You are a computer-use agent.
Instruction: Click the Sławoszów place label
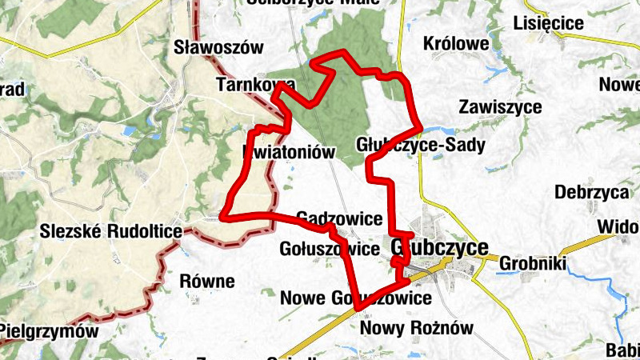click(x=218, y=47)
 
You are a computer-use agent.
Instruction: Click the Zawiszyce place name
click(x=501, y=106)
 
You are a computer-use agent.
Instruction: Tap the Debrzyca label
click(x=590, y=193)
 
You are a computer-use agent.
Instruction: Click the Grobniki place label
click(x=532, y=263)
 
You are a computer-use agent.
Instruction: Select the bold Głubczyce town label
click(x=441, y=248)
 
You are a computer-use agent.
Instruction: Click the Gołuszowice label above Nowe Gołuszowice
click(x=329, y=249)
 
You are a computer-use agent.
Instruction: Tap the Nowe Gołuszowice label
click(x=356, y=298)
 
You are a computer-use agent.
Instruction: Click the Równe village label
click(x=207, y=281)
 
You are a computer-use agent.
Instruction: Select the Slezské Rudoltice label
click(x=110, y=232)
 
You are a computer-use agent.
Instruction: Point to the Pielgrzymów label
click(x=50, y=330)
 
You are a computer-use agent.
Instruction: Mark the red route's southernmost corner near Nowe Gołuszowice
click(x=357, y=307)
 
